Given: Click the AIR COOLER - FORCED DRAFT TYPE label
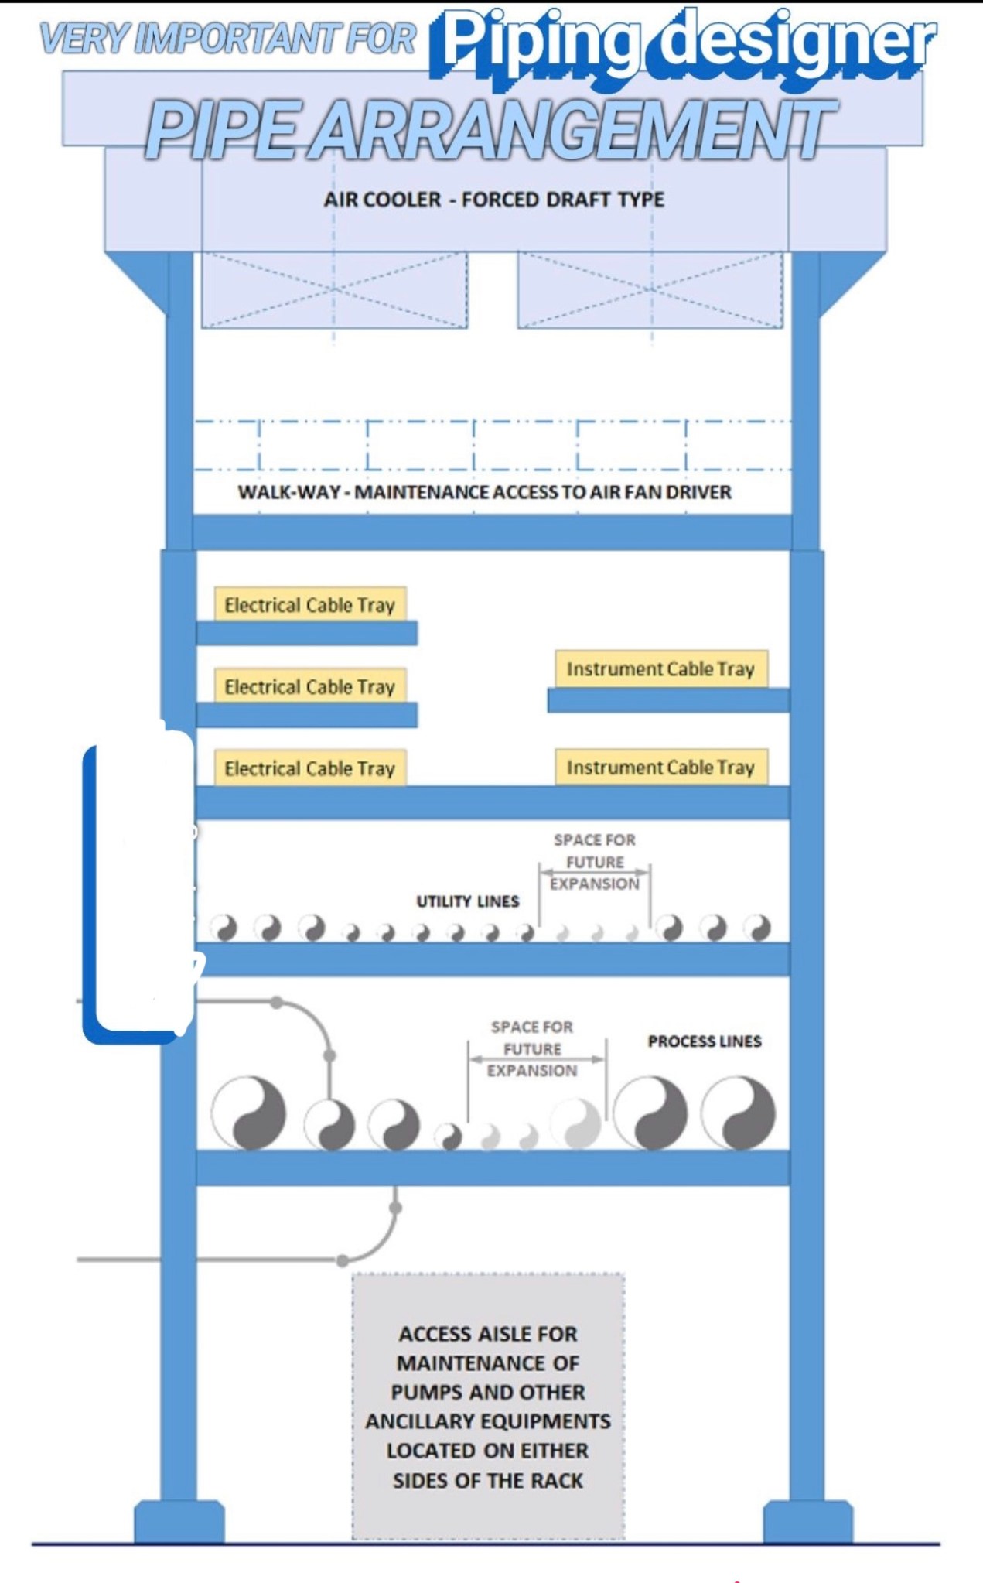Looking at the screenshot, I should pyautogui.click(x=493, y=200).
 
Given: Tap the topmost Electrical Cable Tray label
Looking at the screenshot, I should pyautogui.click(x=309, y=605).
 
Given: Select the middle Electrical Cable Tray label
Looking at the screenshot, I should pyautogui.click(x=309, y=686).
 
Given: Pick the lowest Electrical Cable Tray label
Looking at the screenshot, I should pyautogui.click(x=309, y=768).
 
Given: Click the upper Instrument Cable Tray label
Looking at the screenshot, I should pyautogui.click(x=660, y=669).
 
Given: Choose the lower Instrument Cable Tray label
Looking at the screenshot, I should pyautogui.click(x=660, y=768).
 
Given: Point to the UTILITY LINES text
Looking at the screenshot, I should pyautogui.click(x=467, y=901).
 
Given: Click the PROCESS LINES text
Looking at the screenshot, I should pyautogui.click(x=704, y=1041).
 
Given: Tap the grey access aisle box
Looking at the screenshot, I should pyautogui.click(x=488, y=1407).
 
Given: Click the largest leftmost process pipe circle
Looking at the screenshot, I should pyautogui.click(x=249, y=1113).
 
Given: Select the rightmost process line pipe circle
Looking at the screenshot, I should pyautogui.click(x=738, y=1113).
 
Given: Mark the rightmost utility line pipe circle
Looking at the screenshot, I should pyautogui.click(x=757, y=927).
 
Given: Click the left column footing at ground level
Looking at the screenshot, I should pyautogui.click(x=179, y=1521).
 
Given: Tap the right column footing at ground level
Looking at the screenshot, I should pyautogui.click(x=807, y=1521).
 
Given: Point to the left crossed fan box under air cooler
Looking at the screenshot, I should pyautogui.click(x=334, y=289).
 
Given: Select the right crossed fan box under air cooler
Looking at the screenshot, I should pyautogui.click(x=650, y=289).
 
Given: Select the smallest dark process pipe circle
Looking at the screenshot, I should pyautogui.click(x=449, y=1135).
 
